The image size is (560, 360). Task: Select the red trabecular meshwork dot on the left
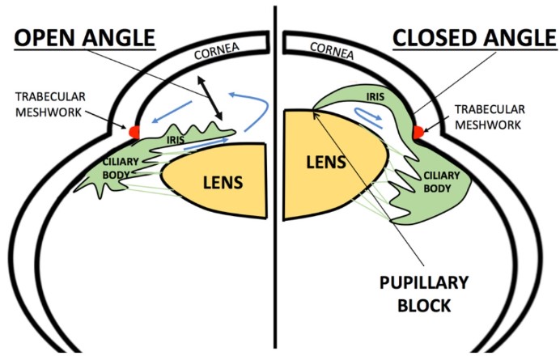pos(134,129)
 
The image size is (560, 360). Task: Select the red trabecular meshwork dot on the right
pos(418,130)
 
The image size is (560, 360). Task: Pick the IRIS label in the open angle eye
pos(176,139)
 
